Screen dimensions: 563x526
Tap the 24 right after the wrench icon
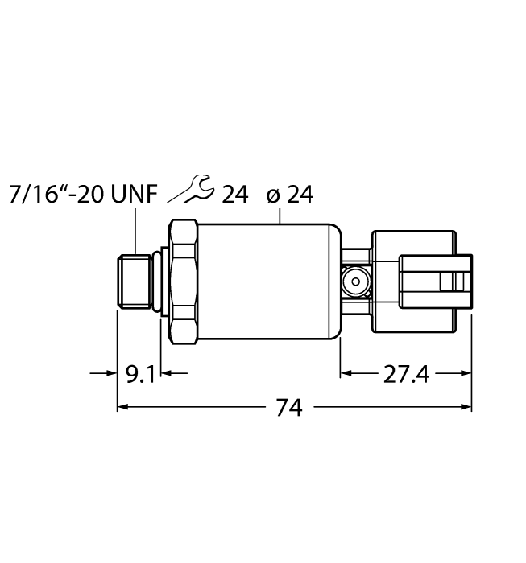(x=235, y=194)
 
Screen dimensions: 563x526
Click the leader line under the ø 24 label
(x=279, y=214)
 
